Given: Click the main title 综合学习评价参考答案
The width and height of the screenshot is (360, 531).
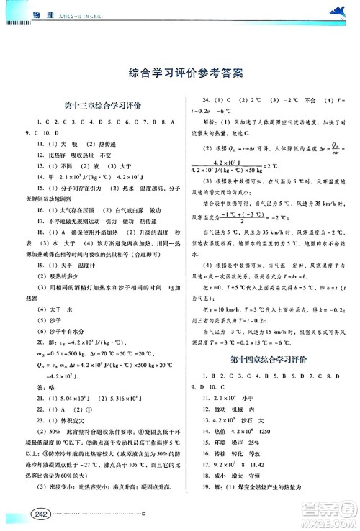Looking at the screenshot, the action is coord(180,72).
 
